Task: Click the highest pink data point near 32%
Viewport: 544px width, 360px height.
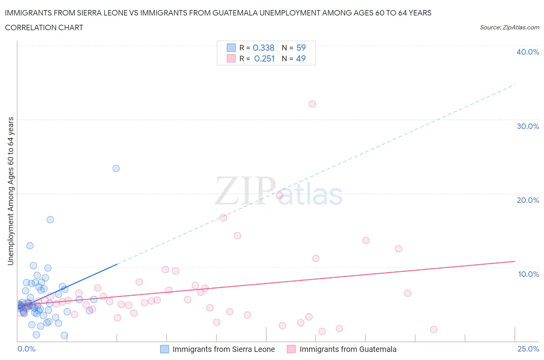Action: click(312, 104)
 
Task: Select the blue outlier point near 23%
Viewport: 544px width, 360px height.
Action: click(116, 168)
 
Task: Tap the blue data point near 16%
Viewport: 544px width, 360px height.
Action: click(50, 219)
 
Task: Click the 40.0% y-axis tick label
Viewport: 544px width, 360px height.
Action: click(528, 52)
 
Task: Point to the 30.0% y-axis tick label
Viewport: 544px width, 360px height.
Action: click(528, 126)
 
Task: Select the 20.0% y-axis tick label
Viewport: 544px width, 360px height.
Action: click(528, 200)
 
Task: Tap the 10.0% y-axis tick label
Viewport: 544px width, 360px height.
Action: click(528, 274)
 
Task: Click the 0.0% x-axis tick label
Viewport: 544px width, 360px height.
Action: click(27, 349)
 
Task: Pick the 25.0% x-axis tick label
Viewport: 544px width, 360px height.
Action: click(528, 349)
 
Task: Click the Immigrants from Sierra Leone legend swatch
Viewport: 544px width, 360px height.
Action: click(164, 349)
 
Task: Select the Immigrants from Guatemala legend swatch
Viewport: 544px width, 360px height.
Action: click(291, 349)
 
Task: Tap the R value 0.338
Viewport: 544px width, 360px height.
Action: click(263, 48)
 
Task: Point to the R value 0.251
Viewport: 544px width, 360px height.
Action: click(264, 58)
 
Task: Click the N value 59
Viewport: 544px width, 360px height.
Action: click(301, 48)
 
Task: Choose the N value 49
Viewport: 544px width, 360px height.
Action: click(301, 58)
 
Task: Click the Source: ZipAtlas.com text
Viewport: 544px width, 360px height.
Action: click(509, 27)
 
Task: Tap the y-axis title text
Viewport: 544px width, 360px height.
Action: click(10, 191)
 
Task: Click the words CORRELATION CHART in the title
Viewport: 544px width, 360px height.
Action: click(44, 27)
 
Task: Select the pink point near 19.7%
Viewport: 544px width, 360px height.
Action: click(280, 195)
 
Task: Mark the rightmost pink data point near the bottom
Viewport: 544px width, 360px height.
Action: click(434, 329)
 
